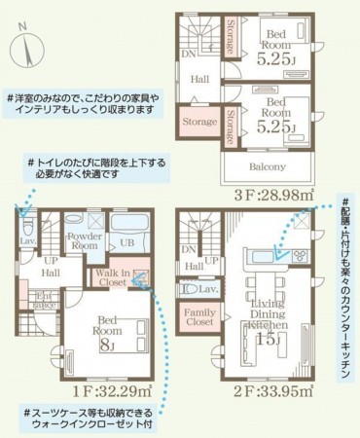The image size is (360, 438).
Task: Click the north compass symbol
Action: (x=28, y=45)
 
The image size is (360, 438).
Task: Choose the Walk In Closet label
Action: (x=115, y=280)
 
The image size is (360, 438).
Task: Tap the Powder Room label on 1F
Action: (x=84, y=241)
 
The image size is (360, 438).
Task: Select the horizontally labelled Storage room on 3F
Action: (x=200, y=124)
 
